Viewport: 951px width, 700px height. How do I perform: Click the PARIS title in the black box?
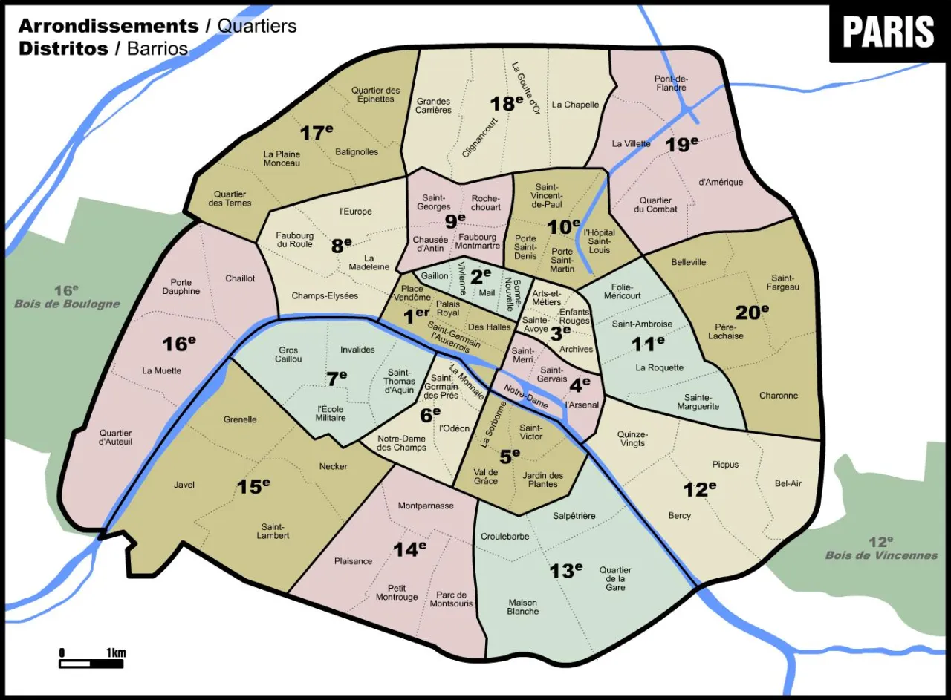[x=889, y=32]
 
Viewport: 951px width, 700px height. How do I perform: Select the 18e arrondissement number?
[x=507, y=103]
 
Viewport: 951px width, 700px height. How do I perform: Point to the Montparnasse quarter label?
[x=426, y=506]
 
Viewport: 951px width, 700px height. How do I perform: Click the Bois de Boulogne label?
[x=68, y=304]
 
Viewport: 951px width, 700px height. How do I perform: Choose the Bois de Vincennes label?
[x=881, y=555]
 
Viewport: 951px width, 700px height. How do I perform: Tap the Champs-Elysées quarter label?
[x=325, y=296]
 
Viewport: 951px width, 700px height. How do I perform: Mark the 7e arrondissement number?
[x=337, y=379]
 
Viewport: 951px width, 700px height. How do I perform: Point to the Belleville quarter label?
[x=689, y=263]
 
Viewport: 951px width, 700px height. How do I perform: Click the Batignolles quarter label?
[x=357, y=152]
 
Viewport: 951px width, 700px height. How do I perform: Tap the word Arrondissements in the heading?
[x=108, y=26]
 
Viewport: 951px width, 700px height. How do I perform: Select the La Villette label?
[x=632, y=144]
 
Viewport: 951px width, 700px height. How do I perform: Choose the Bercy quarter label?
[x=679, y=515]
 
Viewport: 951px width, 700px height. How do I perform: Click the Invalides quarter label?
[x=357, y=350]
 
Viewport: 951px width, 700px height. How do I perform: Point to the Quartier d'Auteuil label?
[x=115, y=437]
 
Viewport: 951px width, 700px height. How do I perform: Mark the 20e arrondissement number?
[x=752, y=312]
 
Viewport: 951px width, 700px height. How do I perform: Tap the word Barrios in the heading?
[x=158, y=49]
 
